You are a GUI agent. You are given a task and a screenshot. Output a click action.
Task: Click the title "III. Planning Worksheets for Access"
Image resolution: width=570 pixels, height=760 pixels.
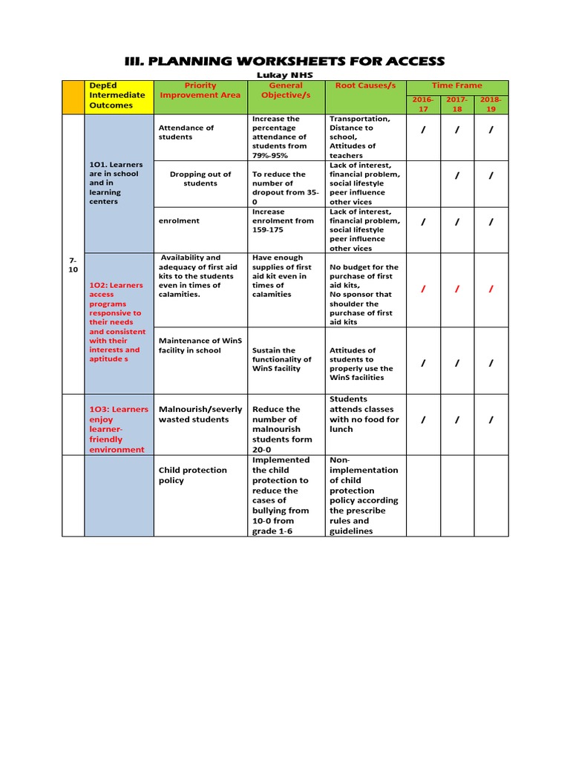[285, 61]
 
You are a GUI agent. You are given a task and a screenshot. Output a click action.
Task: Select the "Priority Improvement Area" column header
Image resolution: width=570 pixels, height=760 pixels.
[200, 90]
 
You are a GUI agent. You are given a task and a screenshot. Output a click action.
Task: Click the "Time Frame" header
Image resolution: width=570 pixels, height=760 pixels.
[458, 85]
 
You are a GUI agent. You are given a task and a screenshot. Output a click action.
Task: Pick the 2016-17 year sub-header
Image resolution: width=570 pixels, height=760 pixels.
[423, 104]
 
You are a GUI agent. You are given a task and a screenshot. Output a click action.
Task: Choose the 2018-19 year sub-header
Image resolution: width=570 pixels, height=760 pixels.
[491, 104]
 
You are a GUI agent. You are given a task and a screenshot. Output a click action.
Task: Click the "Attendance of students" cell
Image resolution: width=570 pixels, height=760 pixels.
[186, 132]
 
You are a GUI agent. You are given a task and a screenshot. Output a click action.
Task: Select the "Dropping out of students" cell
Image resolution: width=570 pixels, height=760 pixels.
[200, 179]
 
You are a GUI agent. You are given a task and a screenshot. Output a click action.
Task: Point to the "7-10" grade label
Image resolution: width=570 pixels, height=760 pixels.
[73, 266]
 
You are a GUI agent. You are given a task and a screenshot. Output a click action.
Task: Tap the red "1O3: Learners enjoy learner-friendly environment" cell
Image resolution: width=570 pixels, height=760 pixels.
[119, 429]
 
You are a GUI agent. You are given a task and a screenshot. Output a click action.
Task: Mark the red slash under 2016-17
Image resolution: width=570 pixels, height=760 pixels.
[423, 289]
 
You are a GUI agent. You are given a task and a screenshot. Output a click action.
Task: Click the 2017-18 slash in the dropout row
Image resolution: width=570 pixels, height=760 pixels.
[457, 176]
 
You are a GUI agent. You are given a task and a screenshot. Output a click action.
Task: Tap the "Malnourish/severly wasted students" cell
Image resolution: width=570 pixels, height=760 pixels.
[200, 414]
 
